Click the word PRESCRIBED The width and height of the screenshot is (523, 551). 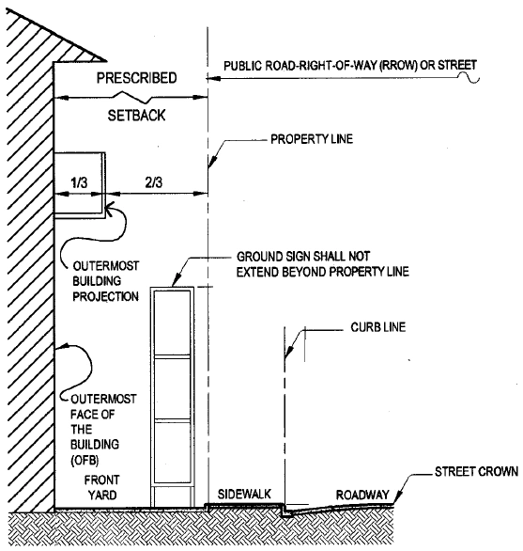coord(136,78)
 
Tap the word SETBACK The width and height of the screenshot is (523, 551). coord(136,116)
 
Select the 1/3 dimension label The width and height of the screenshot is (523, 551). coord(79,182)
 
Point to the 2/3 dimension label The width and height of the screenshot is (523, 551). coord(154,182)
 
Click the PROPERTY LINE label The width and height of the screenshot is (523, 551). coord(312,139)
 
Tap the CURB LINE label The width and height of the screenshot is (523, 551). coord(378,327)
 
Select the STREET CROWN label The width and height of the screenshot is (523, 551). coord(476,471)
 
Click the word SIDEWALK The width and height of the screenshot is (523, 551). coord(244,494)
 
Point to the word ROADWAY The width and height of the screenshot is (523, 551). coord(362,495)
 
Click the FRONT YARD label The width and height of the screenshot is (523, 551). coord(101,487)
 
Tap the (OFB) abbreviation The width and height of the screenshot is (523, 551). coord(85,460)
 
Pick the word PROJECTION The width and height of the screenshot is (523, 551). coord(105,296)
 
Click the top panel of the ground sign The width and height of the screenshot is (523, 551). coord(173,323)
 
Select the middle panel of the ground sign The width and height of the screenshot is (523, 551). coord(173,388)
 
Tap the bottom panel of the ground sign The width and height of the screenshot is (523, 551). coord(173,452)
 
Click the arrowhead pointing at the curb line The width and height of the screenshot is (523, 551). coord(289,353)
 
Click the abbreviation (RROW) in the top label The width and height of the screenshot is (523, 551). coord(398,66)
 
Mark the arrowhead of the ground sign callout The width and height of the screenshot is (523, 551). coord(177,280)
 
